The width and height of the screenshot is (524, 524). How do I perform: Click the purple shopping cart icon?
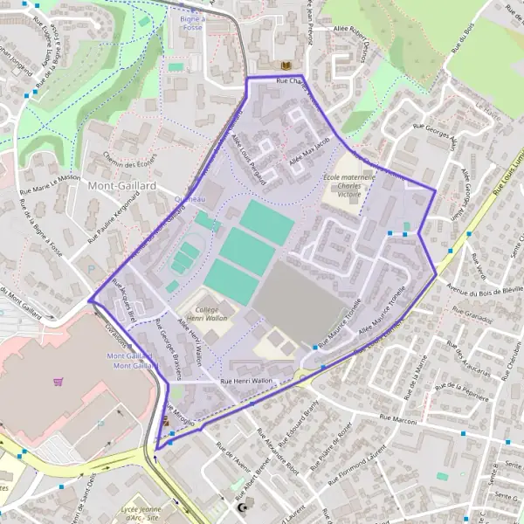point(59,382)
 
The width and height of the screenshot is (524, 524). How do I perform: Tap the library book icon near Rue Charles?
point(284,65)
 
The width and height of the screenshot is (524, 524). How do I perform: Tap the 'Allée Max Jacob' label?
point(310,152)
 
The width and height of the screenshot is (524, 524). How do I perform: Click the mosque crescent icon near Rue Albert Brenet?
point(244,507)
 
